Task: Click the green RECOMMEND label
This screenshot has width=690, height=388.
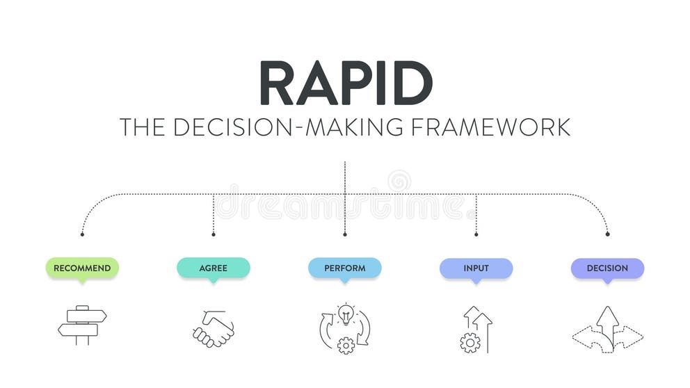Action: (82, 268)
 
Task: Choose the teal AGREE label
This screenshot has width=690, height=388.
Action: (213, 268)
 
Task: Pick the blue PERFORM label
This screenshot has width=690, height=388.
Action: (344, 268)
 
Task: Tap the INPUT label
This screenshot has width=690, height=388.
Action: (476, 268)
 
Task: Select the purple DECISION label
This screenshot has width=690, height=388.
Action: (607, 268)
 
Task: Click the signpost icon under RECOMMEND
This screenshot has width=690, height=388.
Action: (82, 324)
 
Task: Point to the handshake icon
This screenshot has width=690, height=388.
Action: (213, 329)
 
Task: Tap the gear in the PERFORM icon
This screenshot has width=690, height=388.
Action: (346, 344)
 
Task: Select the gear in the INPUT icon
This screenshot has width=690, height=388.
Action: (470, 341)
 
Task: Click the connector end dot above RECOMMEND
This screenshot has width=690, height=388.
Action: (82, 234)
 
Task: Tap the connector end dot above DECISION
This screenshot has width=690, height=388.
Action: (607, 234)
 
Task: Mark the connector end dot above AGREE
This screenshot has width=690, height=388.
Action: (213, 234)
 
